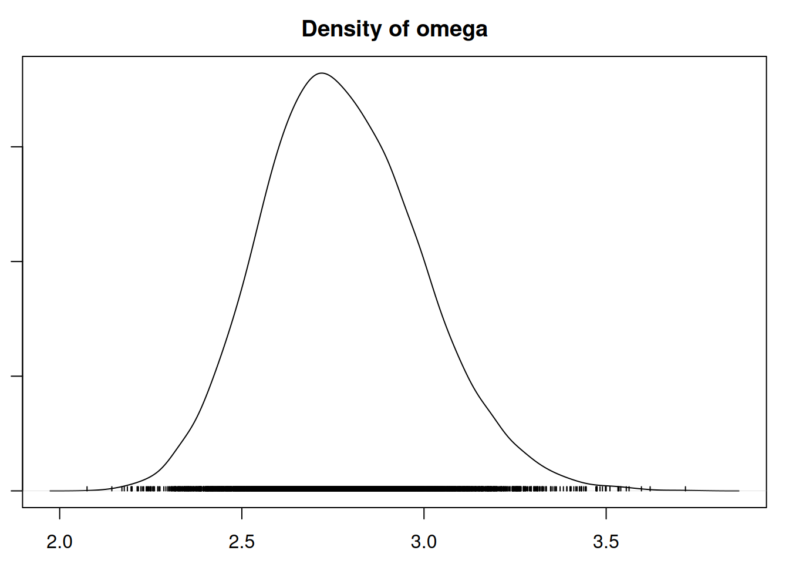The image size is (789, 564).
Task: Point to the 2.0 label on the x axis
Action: pos(59,542)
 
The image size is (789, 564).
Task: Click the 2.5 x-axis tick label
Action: pos(241,542)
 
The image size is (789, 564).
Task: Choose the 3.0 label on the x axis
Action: pos(424,542)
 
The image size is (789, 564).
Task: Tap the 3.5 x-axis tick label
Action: pos(606,542)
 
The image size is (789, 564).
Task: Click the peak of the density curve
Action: pos(321,73)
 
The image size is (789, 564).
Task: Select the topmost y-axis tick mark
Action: pos(17,147)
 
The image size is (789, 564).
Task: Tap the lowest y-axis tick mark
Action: pos(17,491)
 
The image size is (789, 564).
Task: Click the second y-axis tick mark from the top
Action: pos(17,261)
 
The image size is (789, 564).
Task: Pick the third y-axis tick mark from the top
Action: pos(17,376)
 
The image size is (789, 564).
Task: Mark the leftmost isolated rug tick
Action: pos(87,488)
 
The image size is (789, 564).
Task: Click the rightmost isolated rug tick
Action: pos(685,488)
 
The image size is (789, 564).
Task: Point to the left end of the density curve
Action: pos(50,491)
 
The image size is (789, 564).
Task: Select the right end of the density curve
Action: pos(739,491)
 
